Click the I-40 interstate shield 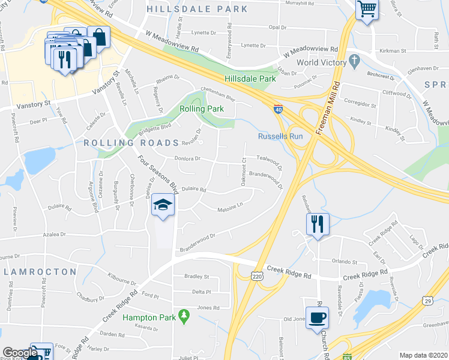(x=279, y=109)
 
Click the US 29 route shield (x=427, y=300)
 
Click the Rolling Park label (x=202, y=109)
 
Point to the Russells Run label (x=280, y=136)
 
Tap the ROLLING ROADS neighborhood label (x=116, y=143)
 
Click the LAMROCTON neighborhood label (x=41, y=272)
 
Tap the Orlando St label (x=345, y=262)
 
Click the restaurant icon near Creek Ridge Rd (x=317, y=224)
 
